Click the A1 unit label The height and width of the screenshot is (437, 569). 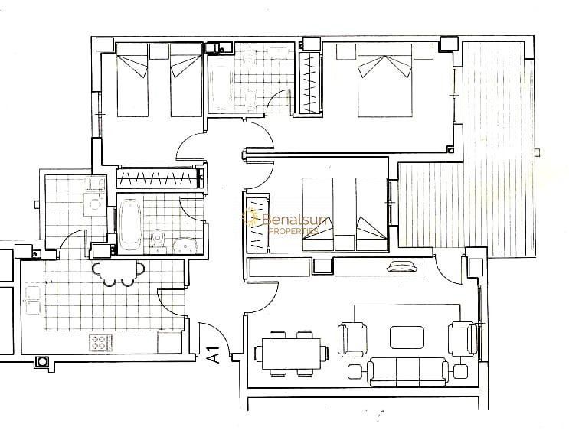click(214, 354)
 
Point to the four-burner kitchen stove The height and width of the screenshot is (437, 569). click(101, 342)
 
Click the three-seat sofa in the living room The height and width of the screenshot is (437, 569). click(407, 372)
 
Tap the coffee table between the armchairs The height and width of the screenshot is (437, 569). click(407, 338)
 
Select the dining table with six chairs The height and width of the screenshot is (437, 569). click(292, 354)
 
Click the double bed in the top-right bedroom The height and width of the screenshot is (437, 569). click(384, 80)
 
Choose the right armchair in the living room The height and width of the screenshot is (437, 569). click(463, 339)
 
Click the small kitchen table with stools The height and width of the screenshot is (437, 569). click(118, 272)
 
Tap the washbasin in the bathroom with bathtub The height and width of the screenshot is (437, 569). click(185, 246)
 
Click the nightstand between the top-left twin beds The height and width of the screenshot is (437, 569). click(159, 51)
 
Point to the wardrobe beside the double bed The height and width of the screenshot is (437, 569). click(309, 83)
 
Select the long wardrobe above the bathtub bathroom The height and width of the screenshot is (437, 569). click(159, 178)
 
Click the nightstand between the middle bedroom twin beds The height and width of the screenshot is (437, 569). click(345, 243)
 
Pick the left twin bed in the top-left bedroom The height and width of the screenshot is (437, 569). click(132, 80)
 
